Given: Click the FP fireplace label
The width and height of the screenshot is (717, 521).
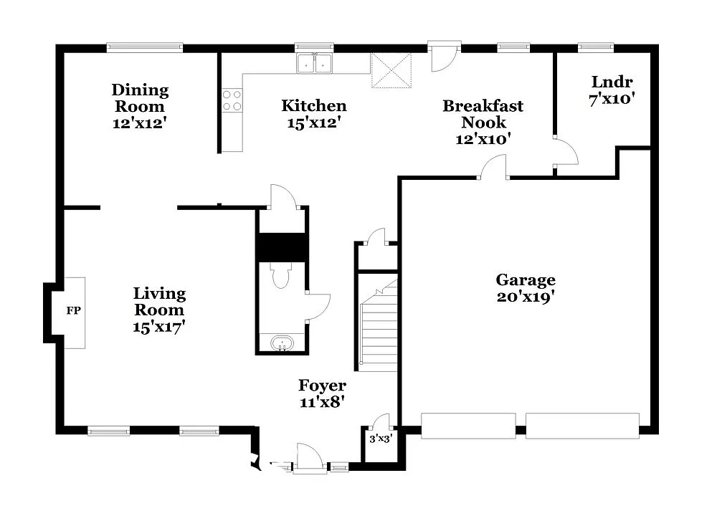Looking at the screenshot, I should coord(72,312).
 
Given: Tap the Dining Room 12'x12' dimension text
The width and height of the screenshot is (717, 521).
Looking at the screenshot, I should coord(140,123).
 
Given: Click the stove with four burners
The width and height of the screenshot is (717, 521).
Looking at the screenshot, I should coord(231,100).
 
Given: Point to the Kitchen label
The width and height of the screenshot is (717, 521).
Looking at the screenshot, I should coord(313,106).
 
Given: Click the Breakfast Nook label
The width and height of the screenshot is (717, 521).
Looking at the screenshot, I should coord(483,114).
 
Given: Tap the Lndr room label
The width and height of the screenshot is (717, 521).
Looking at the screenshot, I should coord(612,82).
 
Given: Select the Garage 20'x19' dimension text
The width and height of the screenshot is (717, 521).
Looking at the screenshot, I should coord(526,297).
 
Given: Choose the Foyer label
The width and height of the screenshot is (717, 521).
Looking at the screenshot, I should coord(322,386).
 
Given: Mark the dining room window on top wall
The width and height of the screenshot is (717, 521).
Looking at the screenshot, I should coord(145,47).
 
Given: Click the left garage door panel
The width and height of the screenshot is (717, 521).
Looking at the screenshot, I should coord(467,425).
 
